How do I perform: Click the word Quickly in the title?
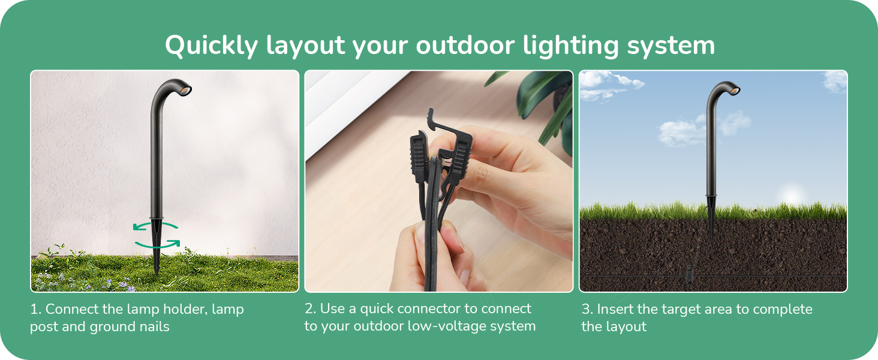[x=211, y=46]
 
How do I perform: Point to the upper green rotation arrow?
[x=155, y=225]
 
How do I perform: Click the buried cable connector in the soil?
[x=689, y=276]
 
